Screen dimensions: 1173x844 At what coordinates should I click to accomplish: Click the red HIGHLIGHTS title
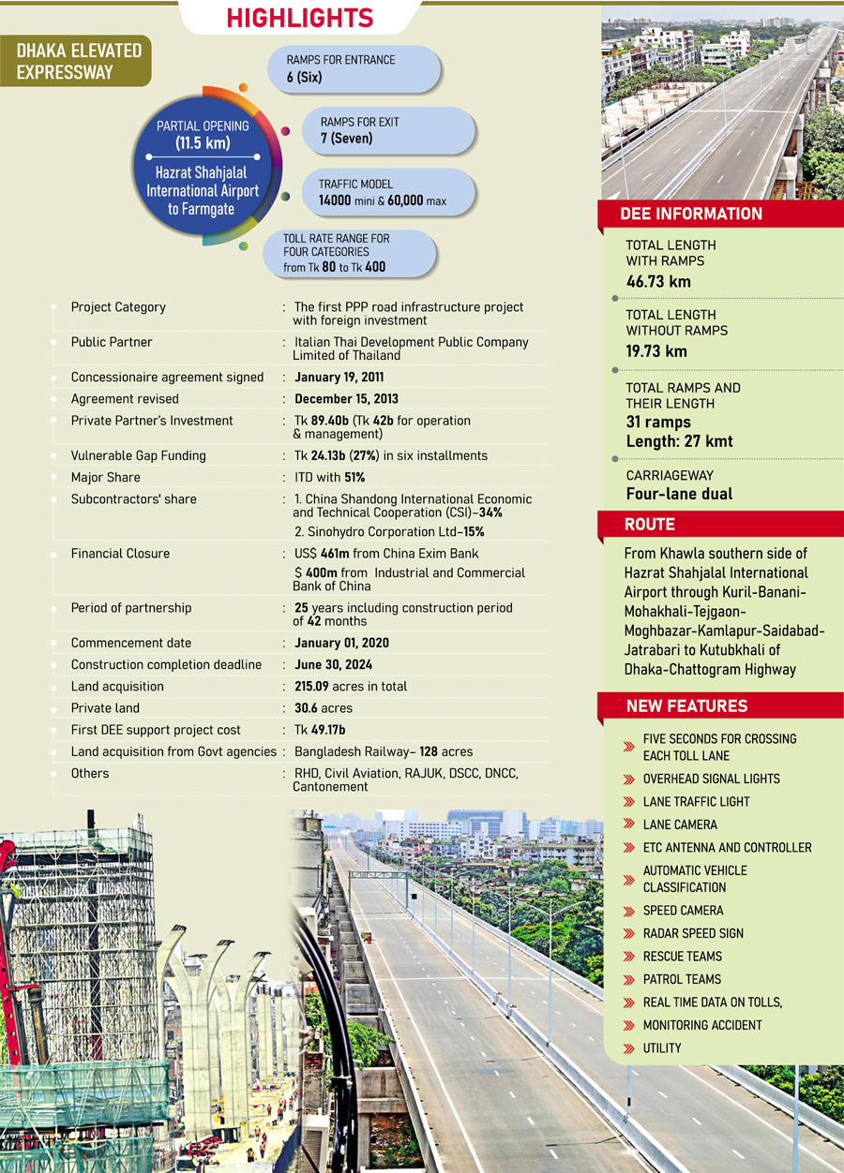[299, 18]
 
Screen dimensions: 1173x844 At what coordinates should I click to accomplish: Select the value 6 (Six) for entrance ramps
[304, 78]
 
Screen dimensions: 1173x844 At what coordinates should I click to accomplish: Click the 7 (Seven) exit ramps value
[346, 139]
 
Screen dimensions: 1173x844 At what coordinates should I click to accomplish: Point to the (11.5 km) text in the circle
[203, 143]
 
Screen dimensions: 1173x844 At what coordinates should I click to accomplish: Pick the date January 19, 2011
[339, 378]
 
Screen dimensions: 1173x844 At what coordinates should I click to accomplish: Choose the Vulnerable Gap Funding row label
[138, 455]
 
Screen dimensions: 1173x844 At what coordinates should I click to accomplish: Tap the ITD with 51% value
[329, 478]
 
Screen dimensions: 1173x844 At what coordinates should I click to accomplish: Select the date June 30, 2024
[333, 664]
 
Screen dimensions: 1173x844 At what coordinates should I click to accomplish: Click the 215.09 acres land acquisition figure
[351, 687]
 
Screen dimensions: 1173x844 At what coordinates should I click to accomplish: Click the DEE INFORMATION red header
[691, 215]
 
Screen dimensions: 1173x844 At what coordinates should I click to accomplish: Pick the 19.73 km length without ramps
[656, 351]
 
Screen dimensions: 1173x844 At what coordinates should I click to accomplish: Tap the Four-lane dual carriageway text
[679, 494]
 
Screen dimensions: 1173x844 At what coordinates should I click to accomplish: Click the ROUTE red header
[650, 526]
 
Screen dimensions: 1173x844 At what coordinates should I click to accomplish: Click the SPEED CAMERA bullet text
[683, 911]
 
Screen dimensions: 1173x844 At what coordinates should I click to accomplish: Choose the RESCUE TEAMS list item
[682, 957]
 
